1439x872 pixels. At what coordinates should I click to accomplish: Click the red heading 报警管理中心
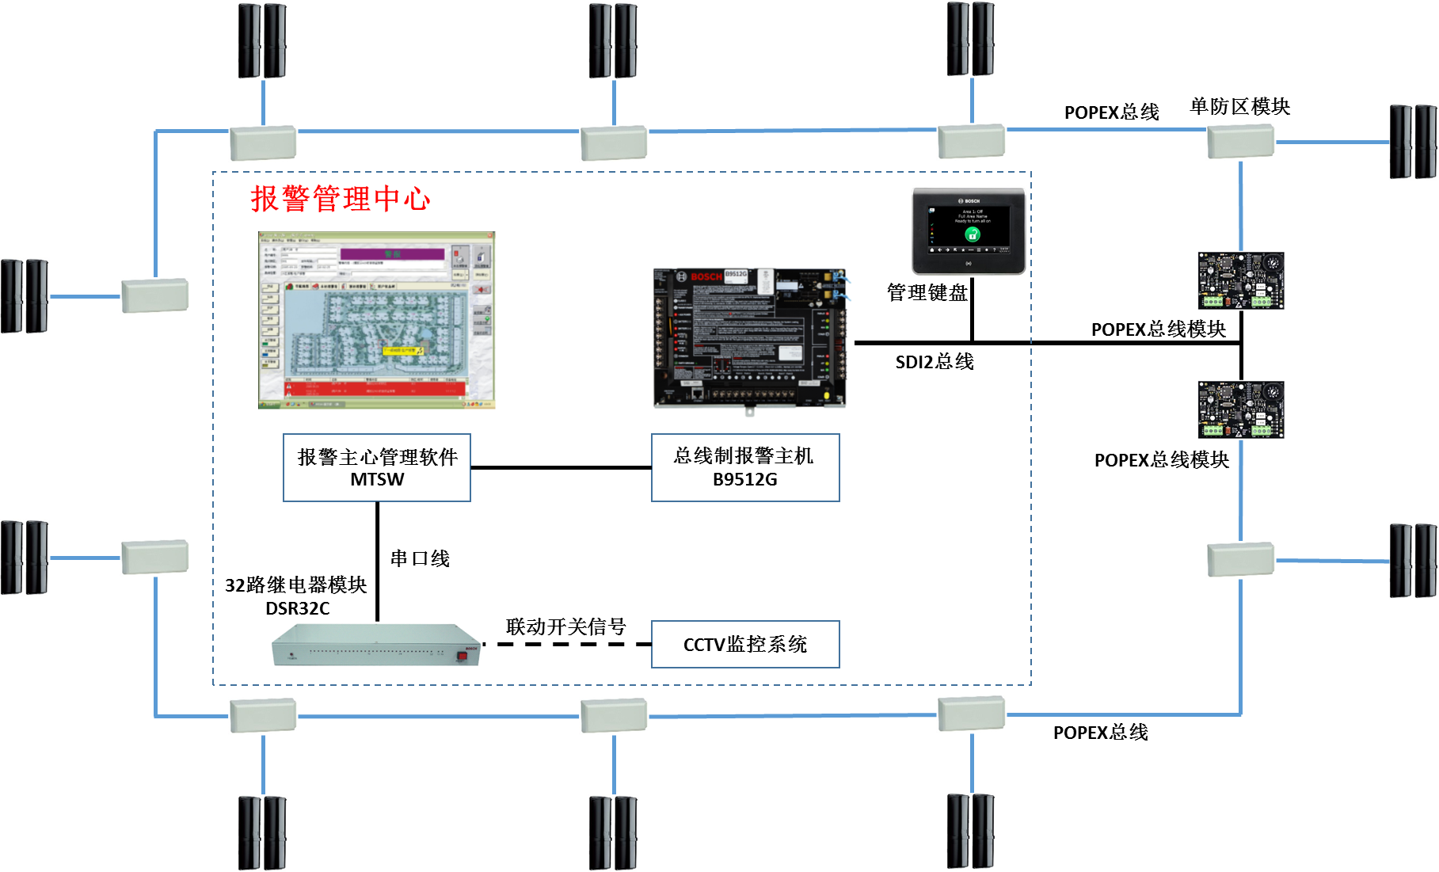[341, 199]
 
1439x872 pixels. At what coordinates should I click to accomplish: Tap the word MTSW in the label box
[377, 480]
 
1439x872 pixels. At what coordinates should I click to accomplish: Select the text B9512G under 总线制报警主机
[744, 480]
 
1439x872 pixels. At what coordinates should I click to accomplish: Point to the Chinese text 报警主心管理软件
[377, 457]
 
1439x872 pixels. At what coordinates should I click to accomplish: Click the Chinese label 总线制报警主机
[744, 456]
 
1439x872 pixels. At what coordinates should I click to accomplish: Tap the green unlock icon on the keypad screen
[973, 234]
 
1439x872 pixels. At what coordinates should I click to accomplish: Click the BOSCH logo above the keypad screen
[971, 201]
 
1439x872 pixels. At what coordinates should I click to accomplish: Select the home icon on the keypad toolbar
[933, 250]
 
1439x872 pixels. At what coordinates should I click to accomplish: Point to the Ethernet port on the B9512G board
[696, 393]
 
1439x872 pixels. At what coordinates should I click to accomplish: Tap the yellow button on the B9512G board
[828, 395]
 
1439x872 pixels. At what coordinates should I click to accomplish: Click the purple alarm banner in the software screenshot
[392, 254]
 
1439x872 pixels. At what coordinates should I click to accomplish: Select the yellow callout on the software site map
[403, 350]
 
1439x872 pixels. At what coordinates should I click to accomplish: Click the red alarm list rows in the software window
[375, 387]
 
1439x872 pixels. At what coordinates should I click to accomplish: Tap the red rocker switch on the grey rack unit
[462, 656]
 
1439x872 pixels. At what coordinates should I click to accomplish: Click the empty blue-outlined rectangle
[745, 644]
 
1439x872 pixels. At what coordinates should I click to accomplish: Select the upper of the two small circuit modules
[1240, 280]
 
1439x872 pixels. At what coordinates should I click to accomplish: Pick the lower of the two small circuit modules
[1240, 409]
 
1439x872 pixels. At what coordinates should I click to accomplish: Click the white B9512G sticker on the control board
[736, 274]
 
